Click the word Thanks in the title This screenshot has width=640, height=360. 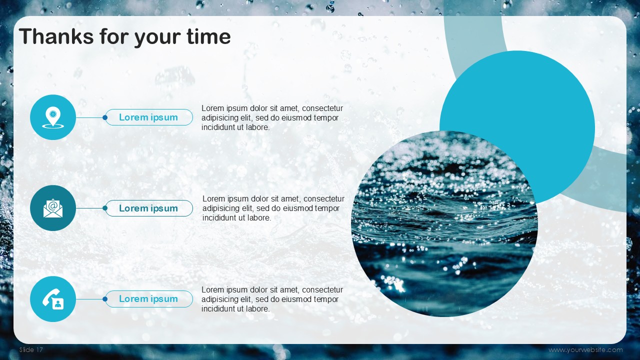[x=56, y=36]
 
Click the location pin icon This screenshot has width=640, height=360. [x=53, y=117]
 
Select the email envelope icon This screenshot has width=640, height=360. [x=53, y=208]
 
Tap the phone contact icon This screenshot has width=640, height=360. [x=53, y=299]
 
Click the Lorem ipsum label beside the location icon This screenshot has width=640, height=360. [x=148, y=117]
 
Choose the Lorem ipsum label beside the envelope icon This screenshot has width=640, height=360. [x=148, y=208]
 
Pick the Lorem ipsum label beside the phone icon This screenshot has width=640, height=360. [x=148, y=299]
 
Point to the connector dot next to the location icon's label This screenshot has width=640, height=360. [x=105, y=117]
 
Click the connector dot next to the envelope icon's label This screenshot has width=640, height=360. [x=105, y=208]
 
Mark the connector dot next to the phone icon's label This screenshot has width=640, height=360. [x=105, y=299]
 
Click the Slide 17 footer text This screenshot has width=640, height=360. [x=31, y=349]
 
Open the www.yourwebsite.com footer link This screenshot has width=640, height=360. [x=585, y=349]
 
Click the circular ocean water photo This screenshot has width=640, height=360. [x=444, y=223]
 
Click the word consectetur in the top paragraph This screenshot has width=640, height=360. [x=322, y=108]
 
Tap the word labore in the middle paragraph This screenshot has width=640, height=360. [x=257, y=217]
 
